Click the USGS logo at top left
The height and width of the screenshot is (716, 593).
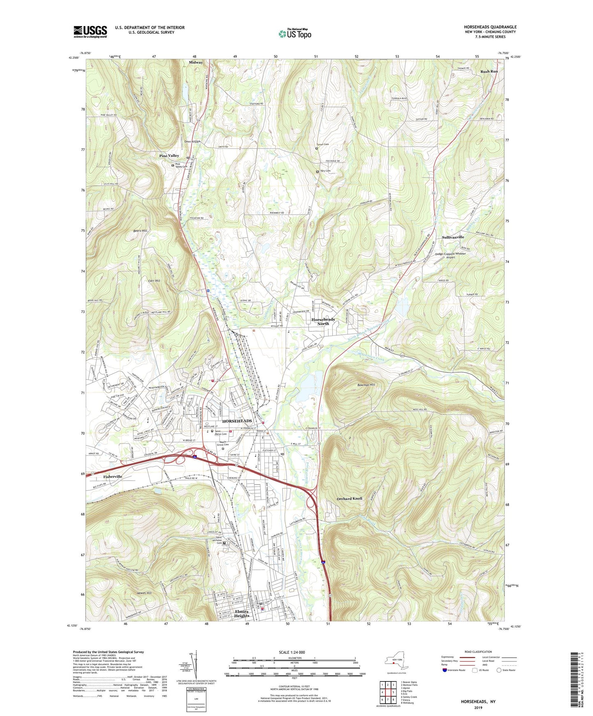90,31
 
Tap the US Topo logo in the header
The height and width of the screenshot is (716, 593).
295,34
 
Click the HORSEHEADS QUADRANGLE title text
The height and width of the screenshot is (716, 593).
490,27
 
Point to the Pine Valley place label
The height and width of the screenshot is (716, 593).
169,156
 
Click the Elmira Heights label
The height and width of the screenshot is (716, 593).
242,613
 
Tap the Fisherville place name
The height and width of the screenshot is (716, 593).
113,477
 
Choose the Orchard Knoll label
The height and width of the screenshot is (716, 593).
349,498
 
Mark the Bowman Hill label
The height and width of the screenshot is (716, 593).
366,385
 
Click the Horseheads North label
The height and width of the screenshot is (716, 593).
323,321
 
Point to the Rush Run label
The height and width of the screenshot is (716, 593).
489,71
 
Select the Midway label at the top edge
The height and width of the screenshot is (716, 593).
196,62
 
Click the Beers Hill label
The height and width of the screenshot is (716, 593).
140,231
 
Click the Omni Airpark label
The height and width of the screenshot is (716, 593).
192,142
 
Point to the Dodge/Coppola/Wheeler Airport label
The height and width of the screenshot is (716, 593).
451,255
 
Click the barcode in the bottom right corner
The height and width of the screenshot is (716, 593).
575,681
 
